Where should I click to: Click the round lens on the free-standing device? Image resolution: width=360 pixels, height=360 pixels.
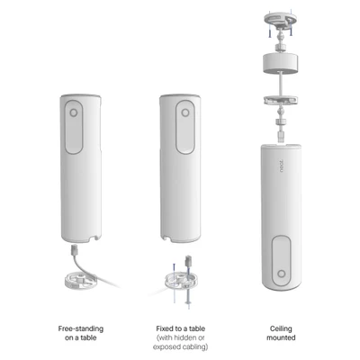pos(74,112)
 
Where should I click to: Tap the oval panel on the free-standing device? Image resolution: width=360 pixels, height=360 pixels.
pos(74,127)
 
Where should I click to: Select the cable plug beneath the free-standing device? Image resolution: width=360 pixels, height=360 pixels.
pos(75,250)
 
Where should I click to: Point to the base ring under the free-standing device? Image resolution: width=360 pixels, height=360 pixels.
pos(81,280)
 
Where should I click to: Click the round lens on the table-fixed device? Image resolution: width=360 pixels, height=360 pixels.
pos(185,112)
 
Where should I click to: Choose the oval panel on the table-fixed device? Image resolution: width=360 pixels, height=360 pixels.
pos(185,127)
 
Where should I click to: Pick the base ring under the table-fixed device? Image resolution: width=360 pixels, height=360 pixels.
pos(181,282)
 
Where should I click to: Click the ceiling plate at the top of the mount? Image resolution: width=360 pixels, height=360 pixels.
pos(281,19)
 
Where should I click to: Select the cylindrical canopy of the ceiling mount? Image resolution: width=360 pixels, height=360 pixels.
pos(281,61)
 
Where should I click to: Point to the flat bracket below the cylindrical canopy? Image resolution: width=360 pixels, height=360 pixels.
pos(281,100)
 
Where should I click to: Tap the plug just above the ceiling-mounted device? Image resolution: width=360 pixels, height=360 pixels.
pos(281,136)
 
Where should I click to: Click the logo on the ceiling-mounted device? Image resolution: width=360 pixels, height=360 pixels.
pos(281,166)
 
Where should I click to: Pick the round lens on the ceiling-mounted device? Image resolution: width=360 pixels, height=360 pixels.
pos(281,274)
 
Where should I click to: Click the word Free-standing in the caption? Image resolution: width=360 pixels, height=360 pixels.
pos(81,328)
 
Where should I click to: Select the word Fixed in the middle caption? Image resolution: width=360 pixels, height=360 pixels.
pos(165,328)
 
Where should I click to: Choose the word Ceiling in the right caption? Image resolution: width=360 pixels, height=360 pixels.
pos(281,328)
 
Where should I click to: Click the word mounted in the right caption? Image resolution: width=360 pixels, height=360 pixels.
pos(281,337)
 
